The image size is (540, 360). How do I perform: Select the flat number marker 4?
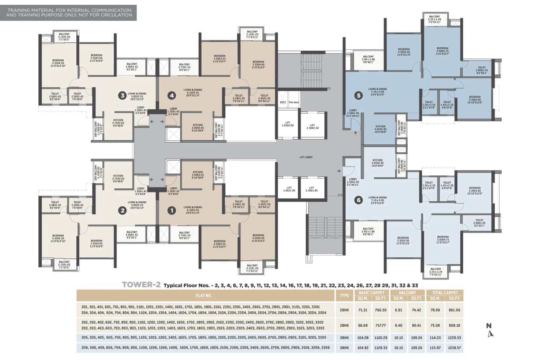tap(171, 95)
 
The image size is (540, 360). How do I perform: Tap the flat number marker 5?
tap(359, 95)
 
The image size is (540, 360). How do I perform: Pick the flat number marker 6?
tap(359, 200)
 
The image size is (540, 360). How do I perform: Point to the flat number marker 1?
tap(171, 209)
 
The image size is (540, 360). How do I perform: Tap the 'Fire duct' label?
tap(294, 103)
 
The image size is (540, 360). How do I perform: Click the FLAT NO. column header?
tap(205, 295)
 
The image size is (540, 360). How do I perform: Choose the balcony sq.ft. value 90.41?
tap(417, 325)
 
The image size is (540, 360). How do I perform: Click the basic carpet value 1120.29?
tap(381, 338)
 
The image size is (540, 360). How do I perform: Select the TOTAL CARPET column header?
tap(445, 292)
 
